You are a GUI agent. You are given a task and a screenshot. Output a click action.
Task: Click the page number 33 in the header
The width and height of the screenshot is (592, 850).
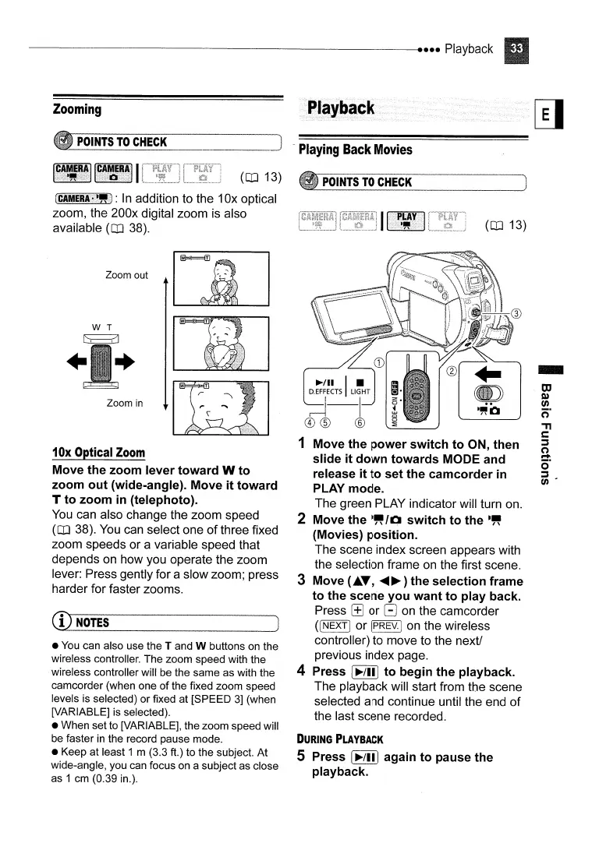516,49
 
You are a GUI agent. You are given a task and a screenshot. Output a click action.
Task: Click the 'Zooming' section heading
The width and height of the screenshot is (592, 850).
77,109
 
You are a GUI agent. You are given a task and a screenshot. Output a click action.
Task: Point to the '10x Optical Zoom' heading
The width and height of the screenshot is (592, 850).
98,453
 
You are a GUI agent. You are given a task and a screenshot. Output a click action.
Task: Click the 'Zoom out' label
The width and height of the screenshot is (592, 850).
126,275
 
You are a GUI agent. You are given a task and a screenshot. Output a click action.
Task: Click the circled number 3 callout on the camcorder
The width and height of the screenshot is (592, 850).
514,314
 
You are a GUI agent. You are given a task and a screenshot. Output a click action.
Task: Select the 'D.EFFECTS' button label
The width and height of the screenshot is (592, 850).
326,393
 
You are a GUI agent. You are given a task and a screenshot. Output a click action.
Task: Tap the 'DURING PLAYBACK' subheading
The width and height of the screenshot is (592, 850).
337,739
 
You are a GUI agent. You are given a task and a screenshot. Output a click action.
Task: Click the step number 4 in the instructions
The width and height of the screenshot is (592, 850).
301,672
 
